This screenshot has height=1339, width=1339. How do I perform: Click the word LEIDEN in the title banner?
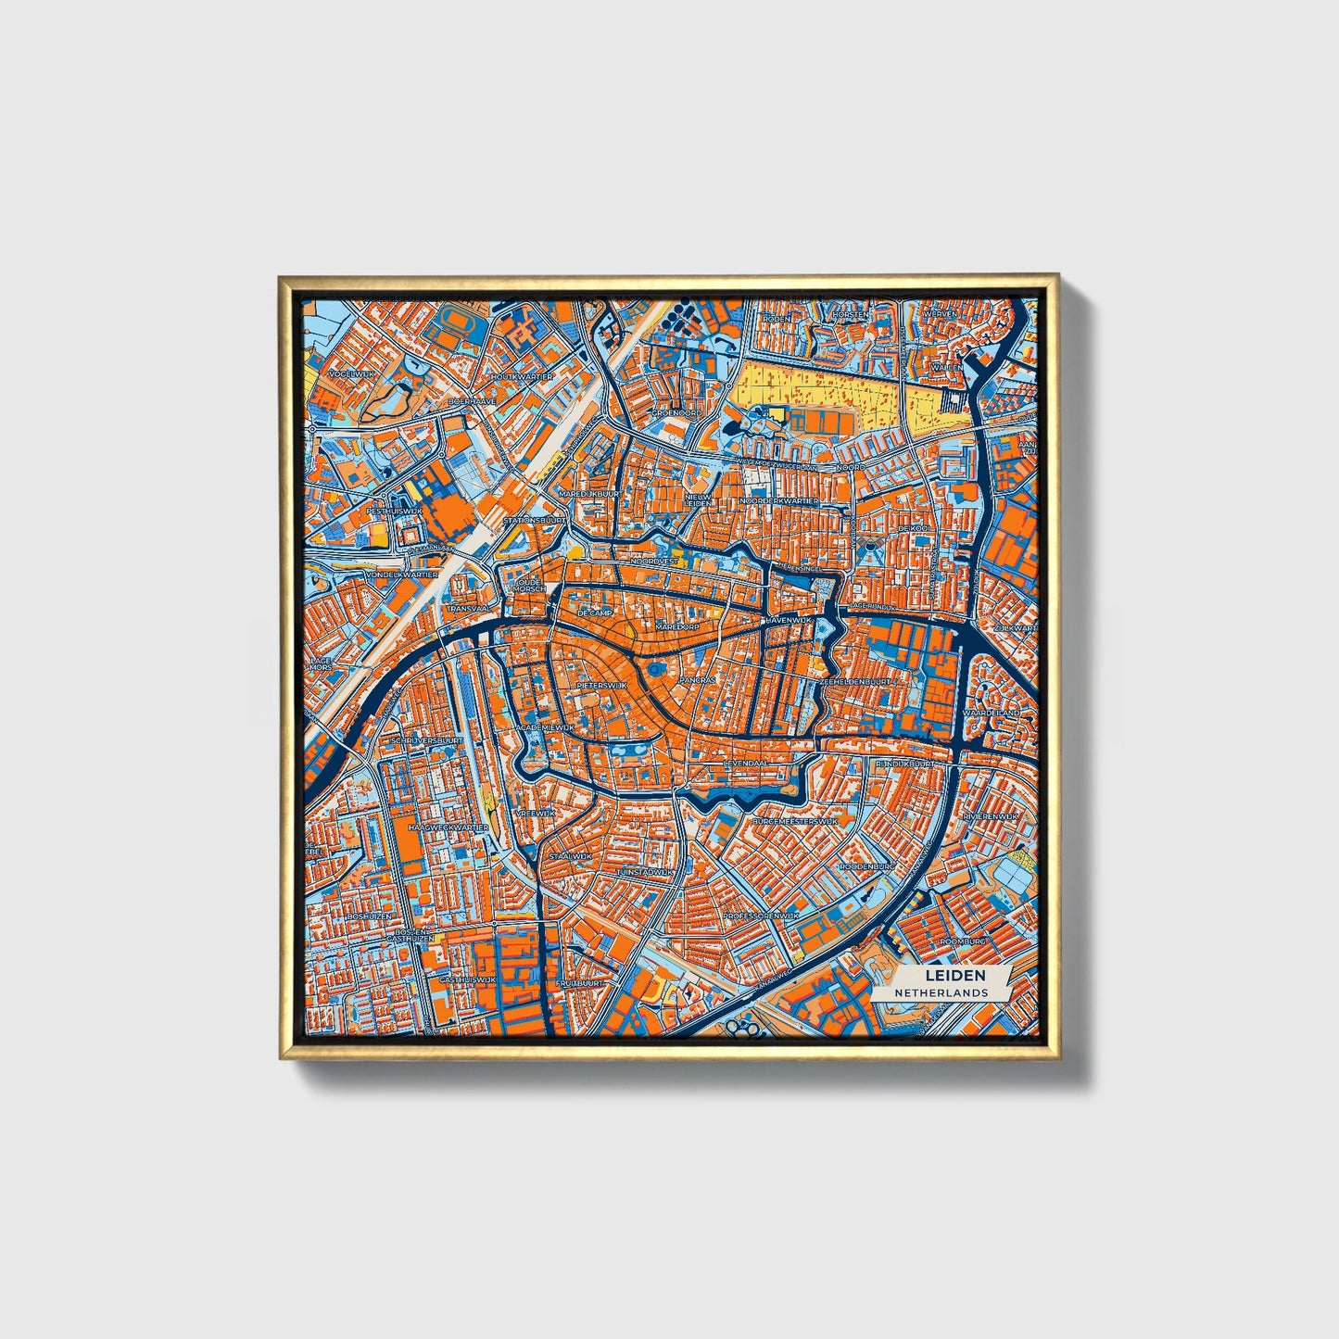click(x=954, y=975)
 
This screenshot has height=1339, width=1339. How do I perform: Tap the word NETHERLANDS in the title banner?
click(x=941, y=992)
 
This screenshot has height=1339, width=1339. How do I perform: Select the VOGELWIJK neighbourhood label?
click(x=350, y=373)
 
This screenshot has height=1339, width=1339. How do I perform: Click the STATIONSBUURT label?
click(x=535, y=521)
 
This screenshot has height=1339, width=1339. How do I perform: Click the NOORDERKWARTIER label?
click(x=779, y=500)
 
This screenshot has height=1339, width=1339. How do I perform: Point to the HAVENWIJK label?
click(x=788, y=618)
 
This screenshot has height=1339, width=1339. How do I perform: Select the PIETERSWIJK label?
click(x=601, y=685)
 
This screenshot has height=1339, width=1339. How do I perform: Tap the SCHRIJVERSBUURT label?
click(x=427, y=741)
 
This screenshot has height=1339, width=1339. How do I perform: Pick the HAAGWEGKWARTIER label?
click(x=448, y=827)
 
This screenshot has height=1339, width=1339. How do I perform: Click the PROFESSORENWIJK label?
click(x=761, y=916)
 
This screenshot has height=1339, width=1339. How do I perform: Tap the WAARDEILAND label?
click(x=990, y=713)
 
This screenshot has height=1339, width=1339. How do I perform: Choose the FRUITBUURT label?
click(x=580, y=983)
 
